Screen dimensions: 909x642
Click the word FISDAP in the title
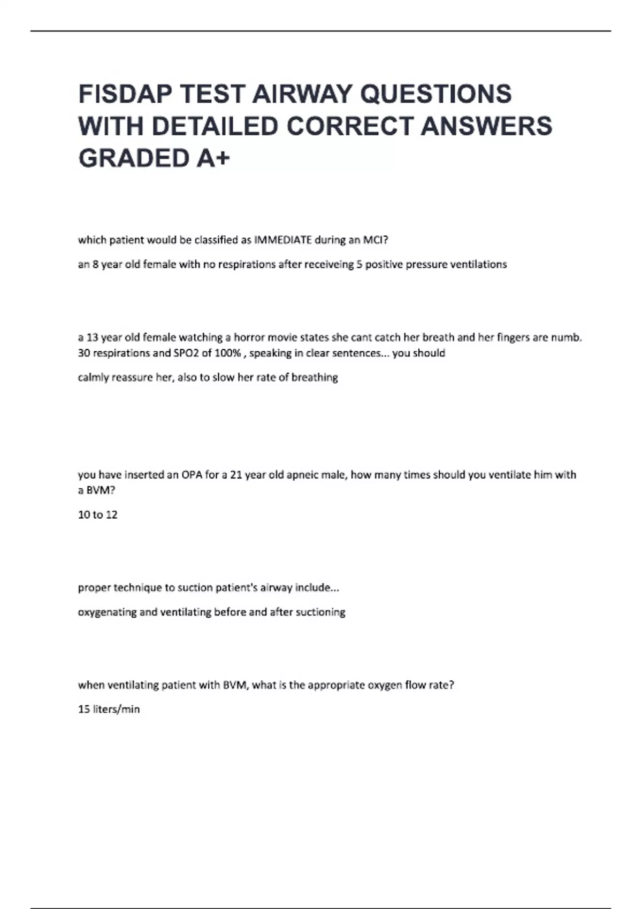[125, 94]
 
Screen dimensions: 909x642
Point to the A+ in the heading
[213, 158]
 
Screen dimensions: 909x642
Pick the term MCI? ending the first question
[376, 240]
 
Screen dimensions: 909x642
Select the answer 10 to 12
[97, 515]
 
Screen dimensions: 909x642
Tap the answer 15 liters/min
[109, 710]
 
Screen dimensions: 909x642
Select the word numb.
[569, 337]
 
